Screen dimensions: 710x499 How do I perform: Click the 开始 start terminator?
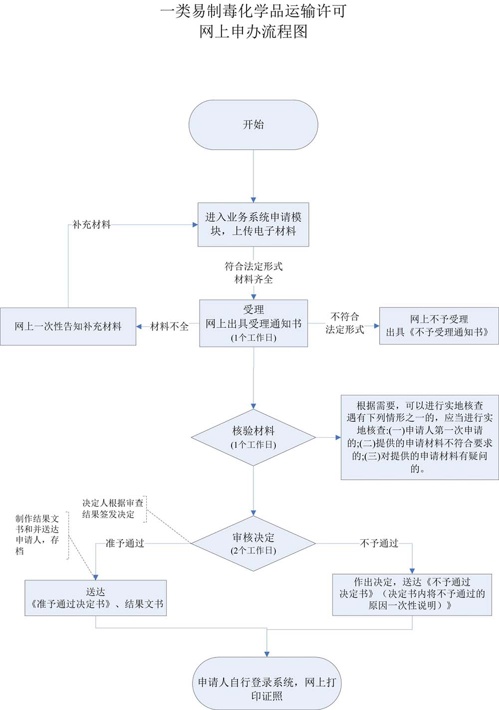(253, 125)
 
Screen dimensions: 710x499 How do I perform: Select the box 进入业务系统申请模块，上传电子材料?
(253, 224)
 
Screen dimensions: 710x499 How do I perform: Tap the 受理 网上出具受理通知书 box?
(253, 323)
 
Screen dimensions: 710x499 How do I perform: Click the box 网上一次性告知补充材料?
(68, 327)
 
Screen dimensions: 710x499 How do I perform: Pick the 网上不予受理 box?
(439, 326)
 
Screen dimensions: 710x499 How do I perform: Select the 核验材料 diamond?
(253, 437)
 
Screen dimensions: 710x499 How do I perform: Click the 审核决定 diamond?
(253, 543)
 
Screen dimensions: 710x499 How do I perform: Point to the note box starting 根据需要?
(419, 437)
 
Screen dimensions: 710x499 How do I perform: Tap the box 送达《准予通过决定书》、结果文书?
(95, 598)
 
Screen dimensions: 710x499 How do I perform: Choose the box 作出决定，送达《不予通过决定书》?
(412, 594)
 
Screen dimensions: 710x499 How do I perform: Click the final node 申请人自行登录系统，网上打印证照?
(266, 689)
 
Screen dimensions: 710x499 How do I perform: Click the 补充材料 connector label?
(91, 225)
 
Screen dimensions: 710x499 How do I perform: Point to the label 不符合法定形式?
(344, 323)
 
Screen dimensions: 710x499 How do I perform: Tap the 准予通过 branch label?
(125, 543)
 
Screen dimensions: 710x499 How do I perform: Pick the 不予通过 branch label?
(379, 543)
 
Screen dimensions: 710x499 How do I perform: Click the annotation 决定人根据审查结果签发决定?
(113, 508)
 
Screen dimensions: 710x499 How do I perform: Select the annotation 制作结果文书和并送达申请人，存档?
(37, 535)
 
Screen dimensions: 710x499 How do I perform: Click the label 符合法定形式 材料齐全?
(253, 273)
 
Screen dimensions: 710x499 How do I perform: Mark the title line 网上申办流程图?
(253, 32)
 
